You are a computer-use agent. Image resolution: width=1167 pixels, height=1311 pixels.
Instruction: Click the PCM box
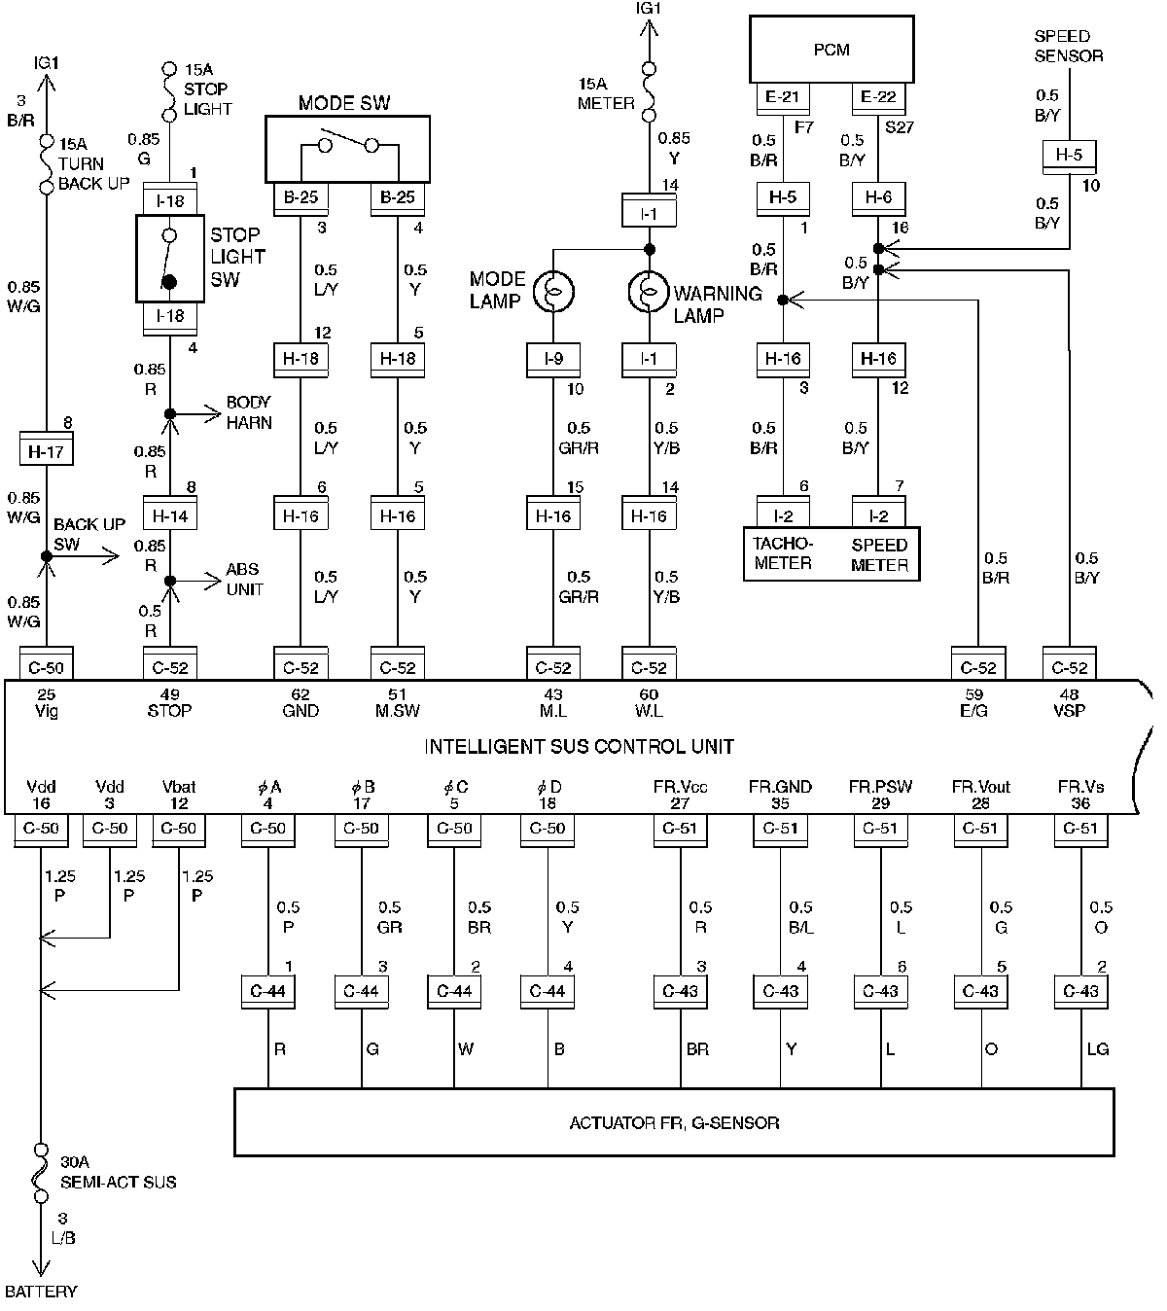[x=831, y=50]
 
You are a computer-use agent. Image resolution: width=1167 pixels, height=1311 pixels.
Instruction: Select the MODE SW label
[x=343, y=103]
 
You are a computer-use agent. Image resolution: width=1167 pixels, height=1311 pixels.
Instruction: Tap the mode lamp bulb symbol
[x=553, y=291]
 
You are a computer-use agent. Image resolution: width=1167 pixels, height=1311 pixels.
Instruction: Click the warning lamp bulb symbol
[x=649, y=291]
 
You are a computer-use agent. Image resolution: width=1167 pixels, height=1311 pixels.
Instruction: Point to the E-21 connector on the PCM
[x=783, y=97]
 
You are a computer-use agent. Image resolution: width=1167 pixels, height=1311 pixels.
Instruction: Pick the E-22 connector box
[x=877, y=97]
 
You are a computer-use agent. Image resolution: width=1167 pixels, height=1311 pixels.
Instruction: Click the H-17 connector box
[x=46, y=448]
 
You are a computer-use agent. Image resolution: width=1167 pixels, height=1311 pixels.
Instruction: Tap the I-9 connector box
[x=553, y=360]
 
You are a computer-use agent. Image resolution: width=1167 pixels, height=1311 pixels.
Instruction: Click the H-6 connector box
[x=878, y=198]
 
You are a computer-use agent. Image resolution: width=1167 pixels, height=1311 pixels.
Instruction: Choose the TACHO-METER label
[x=783, y=553]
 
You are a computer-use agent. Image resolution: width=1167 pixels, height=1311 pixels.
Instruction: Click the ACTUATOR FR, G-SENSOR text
[x=674, y=1122]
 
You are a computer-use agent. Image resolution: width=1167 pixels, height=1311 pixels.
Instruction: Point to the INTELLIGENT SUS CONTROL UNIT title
[x=579, y=747]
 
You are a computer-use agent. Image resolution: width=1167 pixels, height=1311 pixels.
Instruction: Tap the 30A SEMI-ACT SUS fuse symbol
[x=40, y=1173]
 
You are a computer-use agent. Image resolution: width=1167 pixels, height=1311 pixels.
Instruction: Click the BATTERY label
[x=41, y=1292]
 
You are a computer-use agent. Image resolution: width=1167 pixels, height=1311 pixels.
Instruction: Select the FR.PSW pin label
[x=880, y=787]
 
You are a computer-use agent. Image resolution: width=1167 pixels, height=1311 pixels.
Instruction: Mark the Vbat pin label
[x=179, y=787]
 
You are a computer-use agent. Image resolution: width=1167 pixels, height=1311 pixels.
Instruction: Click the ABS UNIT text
[x=244, y=579]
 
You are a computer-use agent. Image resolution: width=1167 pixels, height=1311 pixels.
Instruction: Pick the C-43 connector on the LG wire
[x=1080, y=991]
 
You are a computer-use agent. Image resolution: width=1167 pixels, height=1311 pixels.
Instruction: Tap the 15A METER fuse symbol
[x=649, y=91]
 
